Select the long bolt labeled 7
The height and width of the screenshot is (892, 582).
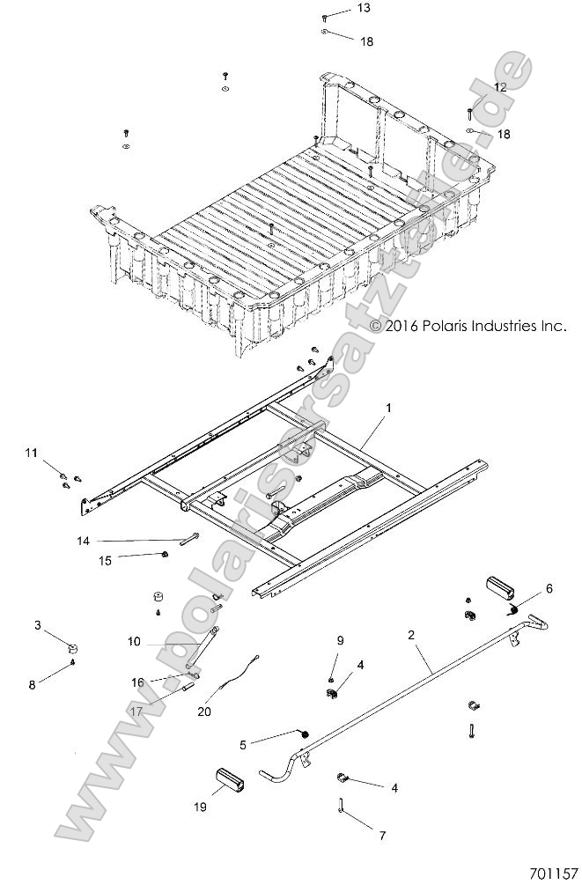click(x=340, y=804)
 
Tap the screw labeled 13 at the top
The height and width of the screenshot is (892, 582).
click(x=325, y=17)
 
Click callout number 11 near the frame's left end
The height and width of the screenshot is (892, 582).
click(x=32, y=453)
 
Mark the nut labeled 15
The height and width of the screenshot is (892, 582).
click(x=166, y=554)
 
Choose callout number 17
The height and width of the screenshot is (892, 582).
click(x=136, y=711)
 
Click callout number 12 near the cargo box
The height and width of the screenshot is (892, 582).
click(x=499, y=87)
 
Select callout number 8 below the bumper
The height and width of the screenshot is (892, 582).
click(x=32, y=683)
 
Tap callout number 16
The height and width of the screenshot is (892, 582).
click(x=137, y=682)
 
